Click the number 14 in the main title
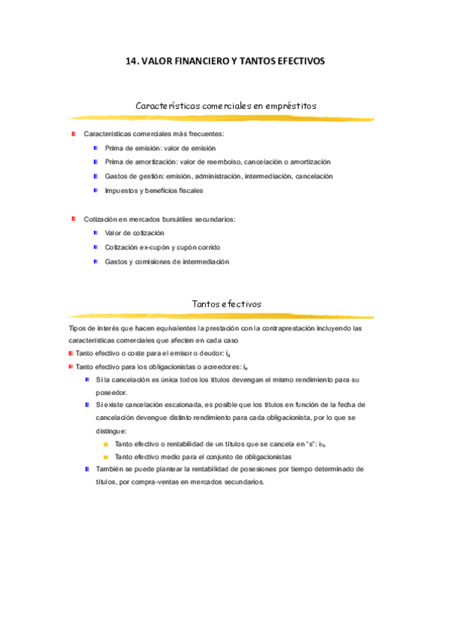coord(131,62)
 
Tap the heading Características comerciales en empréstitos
coord(225,106)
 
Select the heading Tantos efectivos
coord(226,303)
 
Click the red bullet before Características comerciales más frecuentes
coord(74,134)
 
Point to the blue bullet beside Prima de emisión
coord(96,148)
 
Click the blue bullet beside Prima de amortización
coord(96,162)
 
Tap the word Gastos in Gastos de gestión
coord(116,176)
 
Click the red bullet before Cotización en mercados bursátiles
coord(74,219)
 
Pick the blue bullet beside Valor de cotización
coord(96,233)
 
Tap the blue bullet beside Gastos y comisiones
coord(96,261)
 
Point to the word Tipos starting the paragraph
coord(77,328)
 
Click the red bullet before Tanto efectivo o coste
coord(71,352)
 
